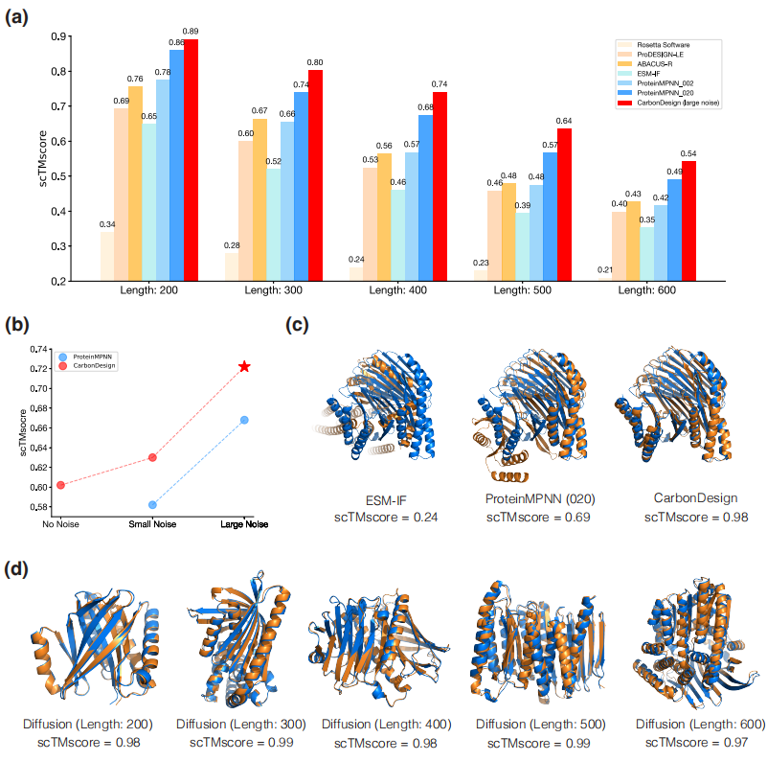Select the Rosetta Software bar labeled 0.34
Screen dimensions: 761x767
pos(107,256)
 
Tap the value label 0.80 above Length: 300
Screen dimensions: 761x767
pos(315,62)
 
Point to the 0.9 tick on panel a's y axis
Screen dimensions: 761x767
pos(59,36)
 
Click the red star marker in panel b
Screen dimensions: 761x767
pos(245,367)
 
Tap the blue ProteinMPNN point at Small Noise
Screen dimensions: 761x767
pos(152,504)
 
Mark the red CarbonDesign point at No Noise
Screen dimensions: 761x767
pos(60,485)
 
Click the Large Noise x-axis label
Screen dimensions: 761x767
pos(244,524)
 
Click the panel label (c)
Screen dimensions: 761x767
pos(299,324)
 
